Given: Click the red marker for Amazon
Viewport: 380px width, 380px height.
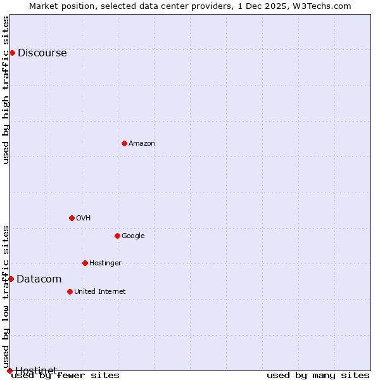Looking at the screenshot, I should point(124,143).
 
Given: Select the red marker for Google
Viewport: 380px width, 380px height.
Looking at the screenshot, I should point(117,236).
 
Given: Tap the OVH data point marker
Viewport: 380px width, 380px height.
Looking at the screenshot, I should point(72,218).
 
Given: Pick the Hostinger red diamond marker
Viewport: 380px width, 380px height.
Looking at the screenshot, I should point(85,263).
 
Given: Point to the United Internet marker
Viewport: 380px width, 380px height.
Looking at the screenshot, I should point(70,291).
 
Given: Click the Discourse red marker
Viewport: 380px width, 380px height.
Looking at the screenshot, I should point(12,53).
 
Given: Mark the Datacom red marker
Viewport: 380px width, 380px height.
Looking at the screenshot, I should point(11,279).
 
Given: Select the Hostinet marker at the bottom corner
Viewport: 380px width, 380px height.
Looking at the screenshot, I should point(9,370).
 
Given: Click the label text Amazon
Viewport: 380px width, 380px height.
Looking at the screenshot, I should point(142,144).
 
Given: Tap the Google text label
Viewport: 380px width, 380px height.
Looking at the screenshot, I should point(133,236).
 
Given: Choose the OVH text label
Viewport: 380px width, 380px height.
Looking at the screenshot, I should point(84,218).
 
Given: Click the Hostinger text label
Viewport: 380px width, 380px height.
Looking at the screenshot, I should point(105,263).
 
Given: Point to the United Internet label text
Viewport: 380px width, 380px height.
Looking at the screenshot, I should point(100,292).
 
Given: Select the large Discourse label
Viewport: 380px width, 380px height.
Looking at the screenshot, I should point(42,53).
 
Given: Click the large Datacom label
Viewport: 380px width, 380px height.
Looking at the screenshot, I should point(39,279).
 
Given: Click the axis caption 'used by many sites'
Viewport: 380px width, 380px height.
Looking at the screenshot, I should point(318,376).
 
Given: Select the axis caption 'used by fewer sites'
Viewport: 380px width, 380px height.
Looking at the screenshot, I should point(65,376).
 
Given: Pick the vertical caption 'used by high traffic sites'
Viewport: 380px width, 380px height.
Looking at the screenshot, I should point(6,90).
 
